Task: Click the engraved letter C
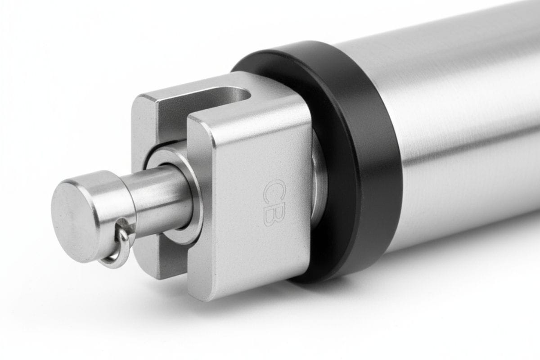(x=275, y=191)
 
